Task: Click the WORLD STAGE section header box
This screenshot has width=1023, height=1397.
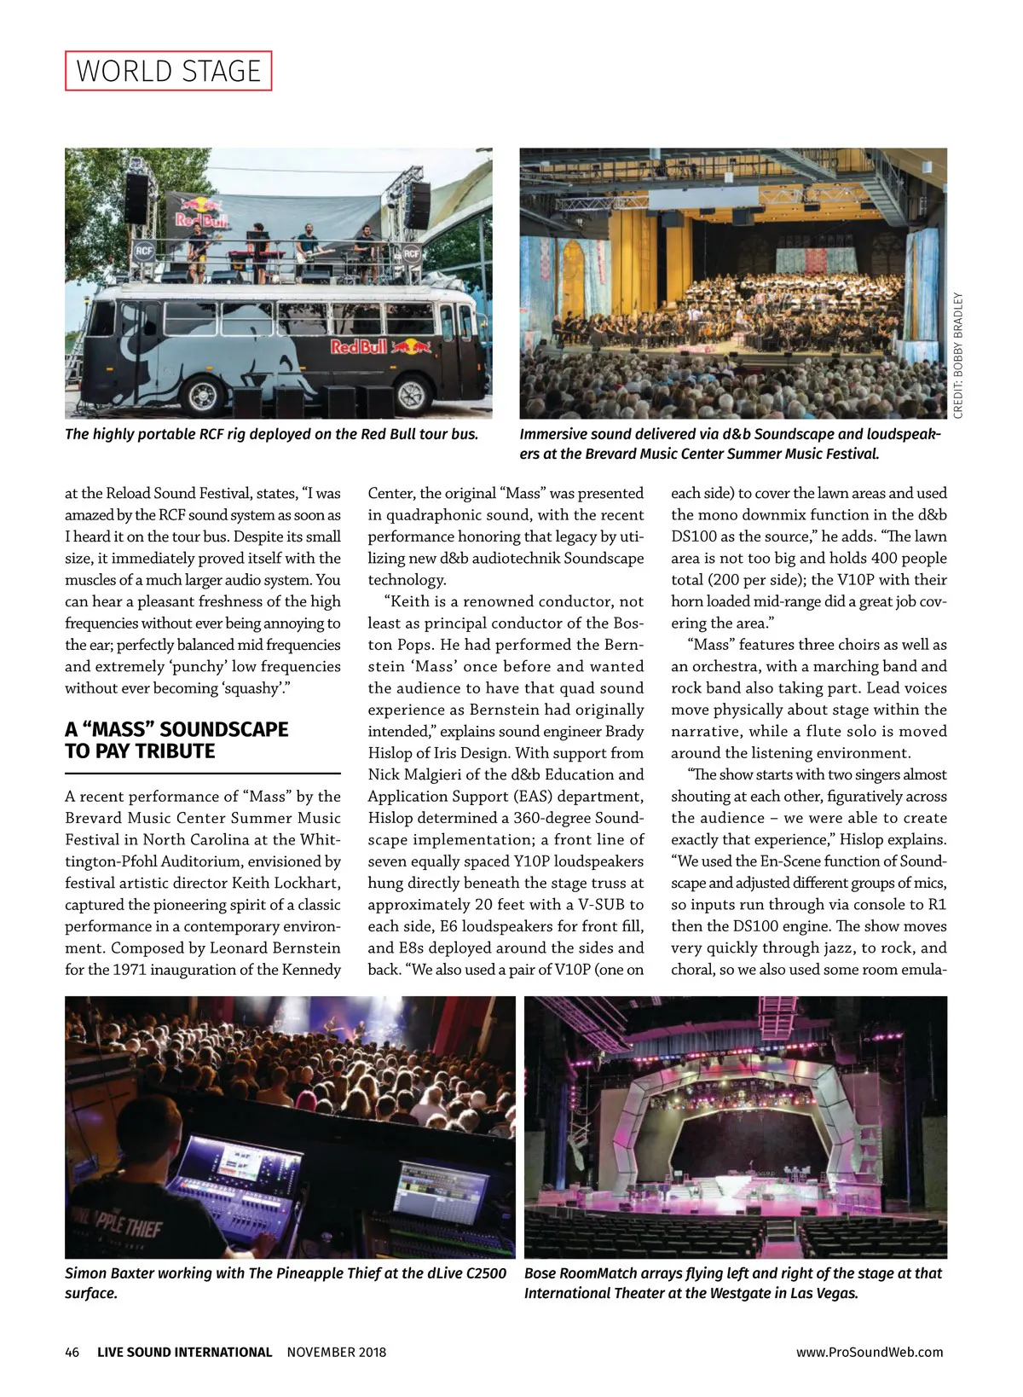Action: (x=168, y=71)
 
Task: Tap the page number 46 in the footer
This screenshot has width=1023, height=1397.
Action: (x=72, y=1352)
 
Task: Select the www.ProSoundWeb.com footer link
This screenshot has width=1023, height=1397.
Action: (x=870, y=1352)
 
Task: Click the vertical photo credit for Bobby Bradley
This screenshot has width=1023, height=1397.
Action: (x=958, y=356)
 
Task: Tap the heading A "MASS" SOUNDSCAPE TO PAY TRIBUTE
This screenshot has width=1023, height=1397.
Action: (x=176, y=740)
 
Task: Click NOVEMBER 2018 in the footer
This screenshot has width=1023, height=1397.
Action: (x=336, y=1352)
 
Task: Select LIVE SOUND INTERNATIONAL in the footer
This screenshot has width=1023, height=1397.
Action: (x=184, y=1352)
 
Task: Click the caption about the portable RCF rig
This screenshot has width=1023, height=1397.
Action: (x=271, y=434)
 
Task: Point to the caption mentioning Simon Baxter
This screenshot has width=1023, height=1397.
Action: (x=285, y=1283)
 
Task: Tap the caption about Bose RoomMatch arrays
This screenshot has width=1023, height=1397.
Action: (x=733, y=1283)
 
